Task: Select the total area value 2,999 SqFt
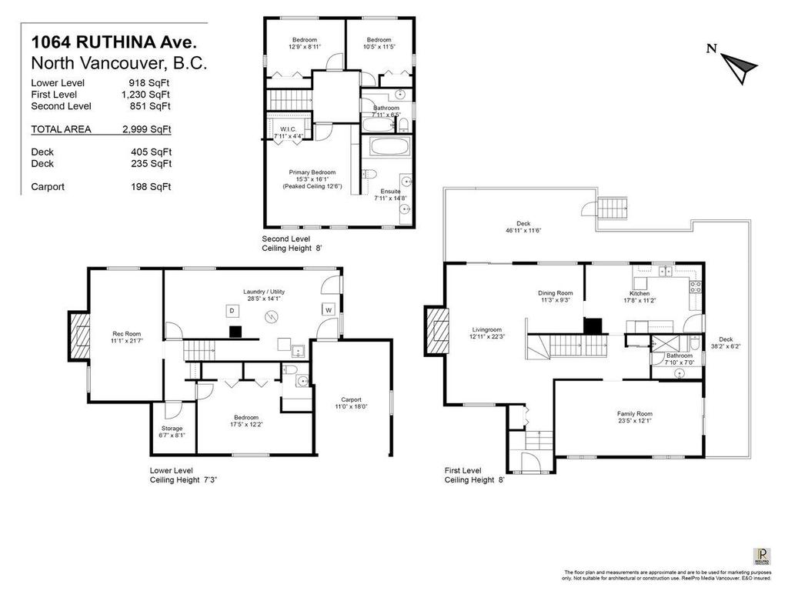tap(150, 129)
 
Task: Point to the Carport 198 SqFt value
tap(150, 186)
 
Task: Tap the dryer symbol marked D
tap(231, 309)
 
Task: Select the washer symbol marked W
tap(327, 309)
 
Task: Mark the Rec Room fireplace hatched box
tap(79, 336)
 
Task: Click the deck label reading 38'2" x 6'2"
tap(726, 343)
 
